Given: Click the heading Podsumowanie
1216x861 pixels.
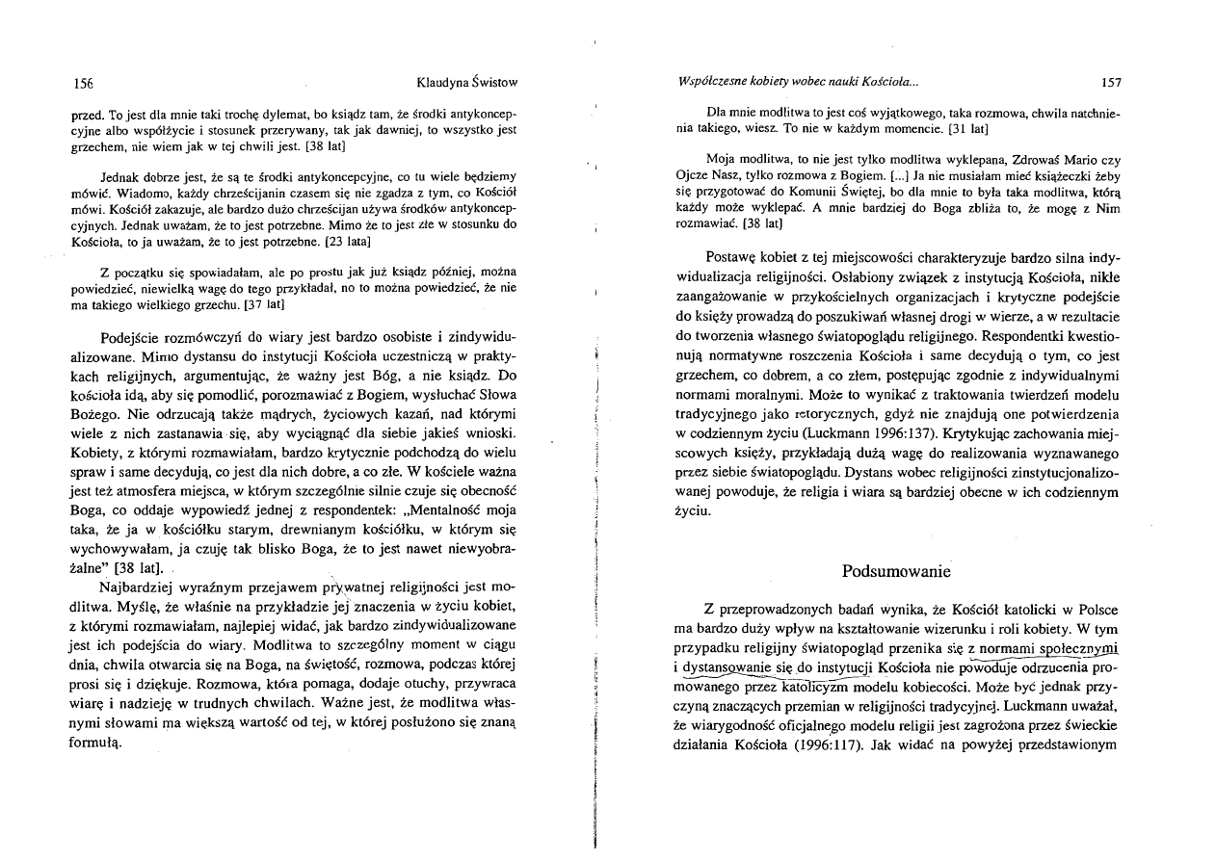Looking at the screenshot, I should tap(896, 572).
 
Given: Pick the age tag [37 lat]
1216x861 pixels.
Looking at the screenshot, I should tap(259, 303).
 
